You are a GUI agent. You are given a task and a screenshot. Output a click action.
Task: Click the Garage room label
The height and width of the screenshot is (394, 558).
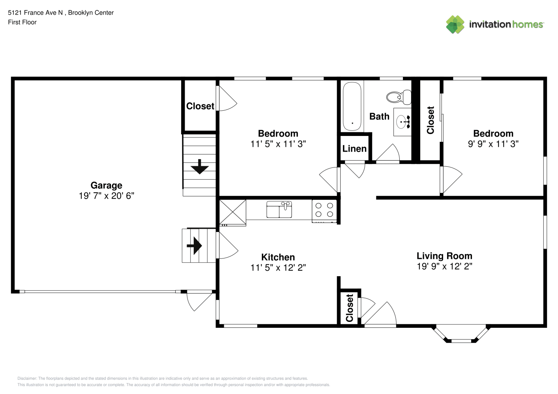(107, 186)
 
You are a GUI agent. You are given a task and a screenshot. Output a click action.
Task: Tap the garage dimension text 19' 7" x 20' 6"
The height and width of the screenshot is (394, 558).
(107, 196)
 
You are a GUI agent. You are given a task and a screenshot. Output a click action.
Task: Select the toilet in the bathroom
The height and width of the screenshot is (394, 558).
(399, 97)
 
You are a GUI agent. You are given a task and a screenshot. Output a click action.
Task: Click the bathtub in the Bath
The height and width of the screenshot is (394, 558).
(352, 106)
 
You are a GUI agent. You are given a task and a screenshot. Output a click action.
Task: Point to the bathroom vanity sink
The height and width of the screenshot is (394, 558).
(402, 122)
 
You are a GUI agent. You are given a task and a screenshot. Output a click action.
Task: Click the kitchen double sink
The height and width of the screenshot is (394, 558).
(279, 210)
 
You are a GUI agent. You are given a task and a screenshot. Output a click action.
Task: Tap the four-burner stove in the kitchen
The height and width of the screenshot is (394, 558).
(324, 211)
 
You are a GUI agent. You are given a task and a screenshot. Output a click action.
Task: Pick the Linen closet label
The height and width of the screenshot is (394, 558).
(354, 149)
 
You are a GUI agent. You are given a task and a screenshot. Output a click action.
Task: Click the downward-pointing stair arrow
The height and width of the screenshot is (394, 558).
(200, 167)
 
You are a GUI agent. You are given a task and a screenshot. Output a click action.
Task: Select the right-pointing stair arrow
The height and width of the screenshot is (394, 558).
(194, 246)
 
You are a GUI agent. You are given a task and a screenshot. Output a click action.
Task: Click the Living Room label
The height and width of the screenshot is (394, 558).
(444, 256)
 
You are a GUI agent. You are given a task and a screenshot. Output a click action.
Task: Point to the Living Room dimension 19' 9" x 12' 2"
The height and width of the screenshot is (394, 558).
(444, 266)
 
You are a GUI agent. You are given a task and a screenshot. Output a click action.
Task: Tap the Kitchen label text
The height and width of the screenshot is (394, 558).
(278, 257)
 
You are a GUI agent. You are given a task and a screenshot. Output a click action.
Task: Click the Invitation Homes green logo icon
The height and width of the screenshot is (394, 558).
(455, 24)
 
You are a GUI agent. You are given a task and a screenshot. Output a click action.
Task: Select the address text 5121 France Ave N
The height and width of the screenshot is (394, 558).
(36, 13)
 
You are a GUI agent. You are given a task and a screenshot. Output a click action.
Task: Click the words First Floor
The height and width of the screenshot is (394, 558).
(22, 22)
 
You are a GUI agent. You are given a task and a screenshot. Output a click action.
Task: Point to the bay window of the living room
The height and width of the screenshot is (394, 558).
(461, 334)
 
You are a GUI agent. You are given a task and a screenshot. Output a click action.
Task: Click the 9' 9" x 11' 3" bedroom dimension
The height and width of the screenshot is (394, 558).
(493, 144)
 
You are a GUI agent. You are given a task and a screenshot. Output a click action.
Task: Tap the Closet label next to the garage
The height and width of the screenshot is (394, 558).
(200, 106)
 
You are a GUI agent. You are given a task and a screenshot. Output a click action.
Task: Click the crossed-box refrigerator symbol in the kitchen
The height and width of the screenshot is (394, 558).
(233, 213)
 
